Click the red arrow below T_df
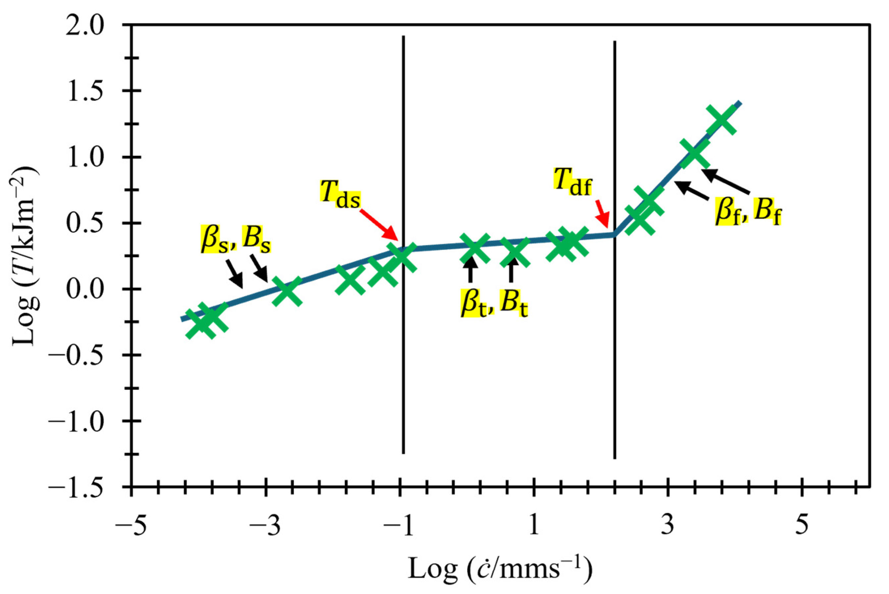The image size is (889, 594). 602,214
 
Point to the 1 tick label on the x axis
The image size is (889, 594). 534,526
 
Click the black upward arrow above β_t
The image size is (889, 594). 470,269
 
